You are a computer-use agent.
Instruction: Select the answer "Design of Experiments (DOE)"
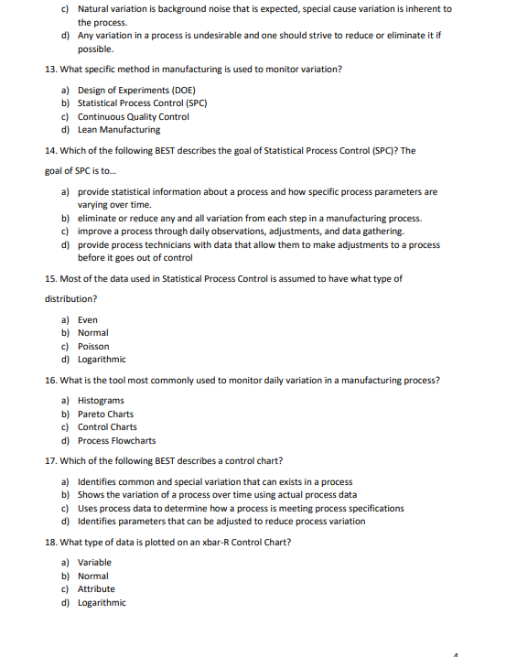click(x=136, y=91)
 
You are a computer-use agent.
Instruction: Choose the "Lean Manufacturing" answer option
click(x=119, y=130)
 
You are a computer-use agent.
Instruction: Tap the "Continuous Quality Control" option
click(x=134, y=117)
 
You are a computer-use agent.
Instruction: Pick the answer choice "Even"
click(x=88, y=320)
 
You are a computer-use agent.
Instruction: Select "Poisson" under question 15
click(x=93, y=347)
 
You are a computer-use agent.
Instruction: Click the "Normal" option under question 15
click(x=93, y=333)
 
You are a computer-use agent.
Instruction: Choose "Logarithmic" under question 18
click(x=102, y=602)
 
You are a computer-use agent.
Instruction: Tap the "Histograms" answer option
click(x=101, y=401)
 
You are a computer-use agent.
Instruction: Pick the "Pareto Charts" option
click(x=105, y=415)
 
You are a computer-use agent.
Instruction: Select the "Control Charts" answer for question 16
click(x=107, y=427)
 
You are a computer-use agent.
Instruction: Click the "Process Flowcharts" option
click(x=116, y=441)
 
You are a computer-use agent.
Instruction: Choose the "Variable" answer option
click(x=94, y=562)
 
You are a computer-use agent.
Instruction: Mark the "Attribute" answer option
click(x=96, y=589)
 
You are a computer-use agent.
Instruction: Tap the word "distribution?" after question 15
click(x=70, y=298)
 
